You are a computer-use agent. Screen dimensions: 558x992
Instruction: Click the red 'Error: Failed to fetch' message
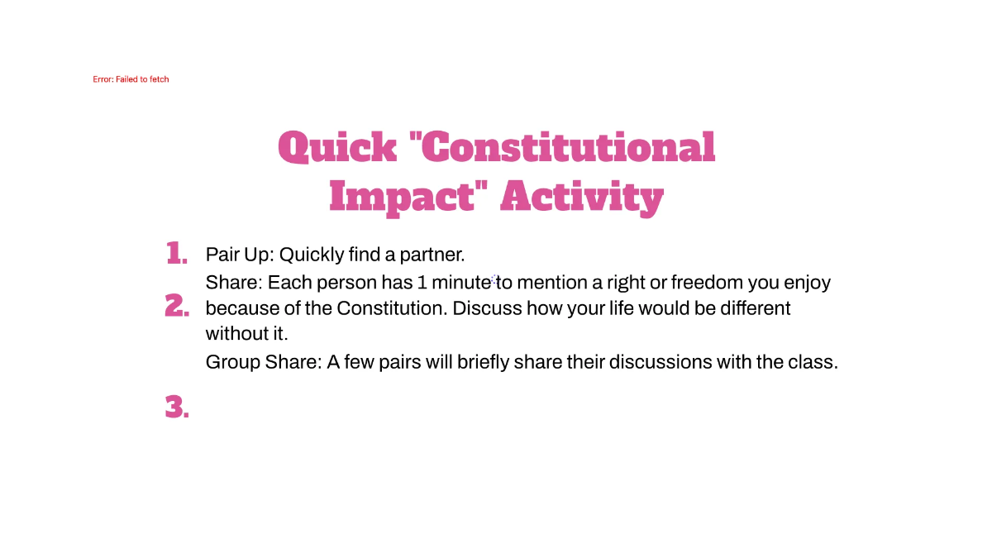(x=131, y=79)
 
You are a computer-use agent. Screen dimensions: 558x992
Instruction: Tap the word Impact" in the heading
(x=405, y=198)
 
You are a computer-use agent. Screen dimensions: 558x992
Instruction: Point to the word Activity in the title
(x=582, y=198)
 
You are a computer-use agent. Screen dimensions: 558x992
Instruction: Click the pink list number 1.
(x=176, y=253)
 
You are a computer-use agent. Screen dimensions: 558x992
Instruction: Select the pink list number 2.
(x=176, y=306)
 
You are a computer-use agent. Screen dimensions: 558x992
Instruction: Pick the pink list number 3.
(x=176, y=407)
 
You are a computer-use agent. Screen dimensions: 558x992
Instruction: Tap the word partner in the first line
(x=436, y=255)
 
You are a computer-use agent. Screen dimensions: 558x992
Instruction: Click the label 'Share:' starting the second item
(x=234, y=283)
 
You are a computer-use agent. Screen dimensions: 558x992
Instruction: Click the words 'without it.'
(x=246, y=335)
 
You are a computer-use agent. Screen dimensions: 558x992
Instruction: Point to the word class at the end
(x=814, y=362)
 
